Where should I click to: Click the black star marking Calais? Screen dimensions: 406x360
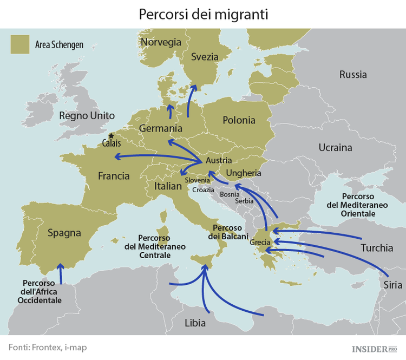(x=111, y=136)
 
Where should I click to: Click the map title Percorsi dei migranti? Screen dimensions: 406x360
(x=203, y=14)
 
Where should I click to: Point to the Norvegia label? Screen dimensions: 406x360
(x=161, y=42)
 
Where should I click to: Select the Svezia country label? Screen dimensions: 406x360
(x=205, y=57)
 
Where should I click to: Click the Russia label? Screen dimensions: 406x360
(x=353, y=75)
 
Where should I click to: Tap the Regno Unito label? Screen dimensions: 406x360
(x=87, y=115)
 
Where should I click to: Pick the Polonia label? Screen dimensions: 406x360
(x=239, y=120)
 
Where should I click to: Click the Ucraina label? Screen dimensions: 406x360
(x=335, y=147)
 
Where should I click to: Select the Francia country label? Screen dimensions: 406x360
(x=114, y=176)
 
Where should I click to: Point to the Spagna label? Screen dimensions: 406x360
(x=64, y=233)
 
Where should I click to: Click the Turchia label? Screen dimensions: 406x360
(x=377, y=248)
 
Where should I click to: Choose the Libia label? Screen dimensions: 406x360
(x=195, y=323)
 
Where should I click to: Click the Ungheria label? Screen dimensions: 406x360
(x=244, y=173)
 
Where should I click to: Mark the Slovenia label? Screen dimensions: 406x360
(x=197, y=180)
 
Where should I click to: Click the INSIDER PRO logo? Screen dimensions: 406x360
(x=374, y=349)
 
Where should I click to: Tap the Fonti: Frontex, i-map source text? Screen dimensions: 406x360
(x=48, y=348)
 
